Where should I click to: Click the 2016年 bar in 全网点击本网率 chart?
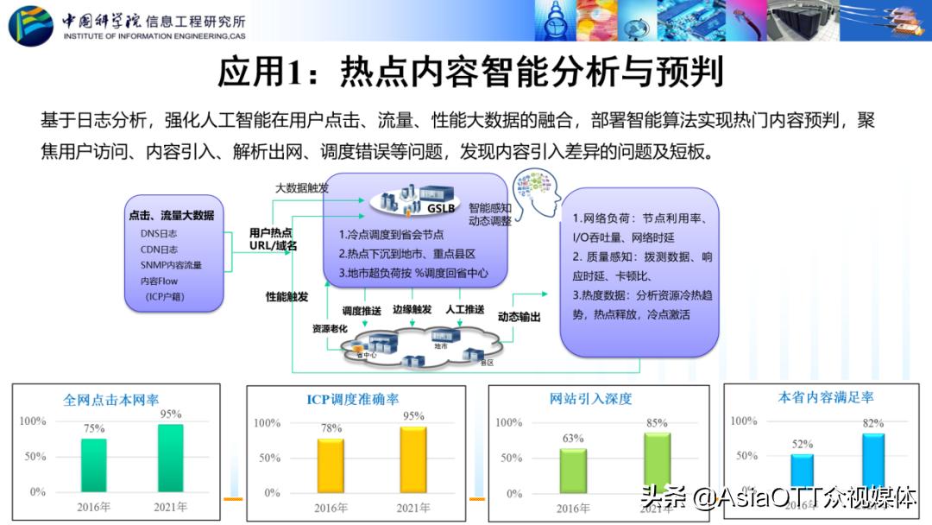pyautogui.click(x=94, y=465)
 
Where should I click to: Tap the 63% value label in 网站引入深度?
pyautogui.click(x=573, y=438)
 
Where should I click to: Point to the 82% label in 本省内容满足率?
pyautogui.click(x=872, y=423)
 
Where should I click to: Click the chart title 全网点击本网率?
pyautogui.click(x=111, y=401)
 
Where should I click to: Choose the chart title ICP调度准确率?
pyautogui.click(x=353, y=400)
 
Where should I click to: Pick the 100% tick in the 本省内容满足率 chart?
pyautogui.click(x=744, y=421)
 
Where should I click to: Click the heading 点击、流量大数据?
pyautogui.click(x=171, y=215)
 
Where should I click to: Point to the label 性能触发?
pyautogui.click(x=287, y=296)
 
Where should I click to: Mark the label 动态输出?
pyautogui.click(x=520, y=317)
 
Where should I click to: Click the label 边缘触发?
pyautogui.click(x=412, y=309)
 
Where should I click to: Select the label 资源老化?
pyautogui.click(x=329, y=329)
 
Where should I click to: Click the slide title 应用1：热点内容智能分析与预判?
pyautogui.click(x=469, y=72)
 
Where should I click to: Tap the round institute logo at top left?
pyautogui.click(x=31, y=23)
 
